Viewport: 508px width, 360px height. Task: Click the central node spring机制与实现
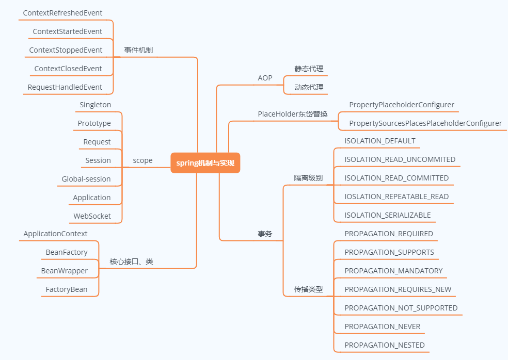[205, 163]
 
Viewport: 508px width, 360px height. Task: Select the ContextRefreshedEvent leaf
[62, 13]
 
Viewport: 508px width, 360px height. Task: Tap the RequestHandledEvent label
[65, 87]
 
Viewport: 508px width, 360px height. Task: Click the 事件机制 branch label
[138, 50]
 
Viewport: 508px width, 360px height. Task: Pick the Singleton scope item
[96, 105]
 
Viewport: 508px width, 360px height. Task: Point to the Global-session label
[86, 179]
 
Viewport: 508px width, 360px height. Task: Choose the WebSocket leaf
[92, 216]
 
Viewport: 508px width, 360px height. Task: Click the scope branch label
[142, 160]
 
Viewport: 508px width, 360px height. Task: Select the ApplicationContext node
[55, 234]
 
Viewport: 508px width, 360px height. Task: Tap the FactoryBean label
[67, 289]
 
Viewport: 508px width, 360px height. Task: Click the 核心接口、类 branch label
[131, 261]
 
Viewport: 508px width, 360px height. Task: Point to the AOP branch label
[265, 78]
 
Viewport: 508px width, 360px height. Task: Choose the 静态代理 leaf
[309, 69]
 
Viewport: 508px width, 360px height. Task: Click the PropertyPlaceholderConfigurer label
[402, 105]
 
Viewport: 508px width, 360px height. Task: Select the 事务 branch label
[265, 234]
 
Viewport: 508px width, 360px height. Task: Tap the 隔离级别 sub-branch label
[308, 178]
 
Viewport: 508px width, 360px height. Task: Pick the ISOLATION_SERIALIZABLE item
[387, 215]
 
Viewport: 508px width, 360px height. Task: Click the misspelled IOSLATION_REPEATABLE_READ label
[396, 197]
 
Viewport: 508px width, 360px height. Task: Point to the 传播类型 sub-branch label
[308, 289]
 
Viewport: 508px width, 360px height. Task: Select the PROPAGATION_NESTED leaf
[385, 345]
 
